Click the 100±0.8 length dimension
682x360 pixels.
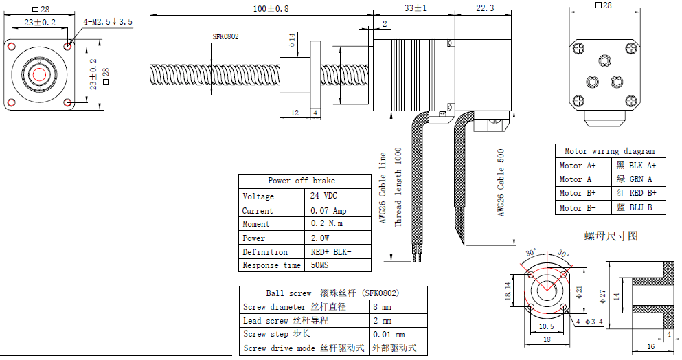(271, 8)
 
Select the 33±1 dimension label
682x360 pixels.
(416, 8)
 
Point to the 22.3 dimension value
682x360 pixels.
(485, 8)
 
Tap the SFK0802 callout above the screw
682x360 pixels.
(225, 36)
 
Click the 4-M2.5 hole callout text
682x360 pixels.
(108, 22)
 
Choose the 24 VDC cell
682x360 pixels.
(323, 195)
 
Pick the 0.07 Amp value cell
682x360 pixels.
(328, 211)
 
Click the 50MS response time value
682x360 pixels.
(319, 265)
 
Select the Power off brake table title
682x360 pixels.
(302, 181)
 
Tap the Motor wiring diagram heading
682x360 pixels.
(609, 151)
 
